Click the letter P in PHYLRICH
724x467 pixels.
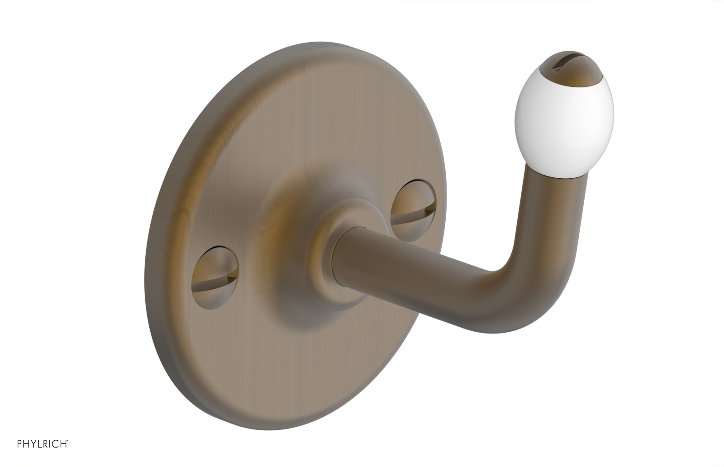point(19,444)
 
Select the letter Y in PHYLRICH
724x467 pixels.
point(33,444)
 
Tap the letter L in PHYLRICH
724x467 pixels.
point(40,444)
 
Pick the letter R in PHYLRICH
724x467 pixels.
point(47,444)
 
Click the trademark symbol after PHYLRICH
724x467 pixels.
point(68,441)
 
